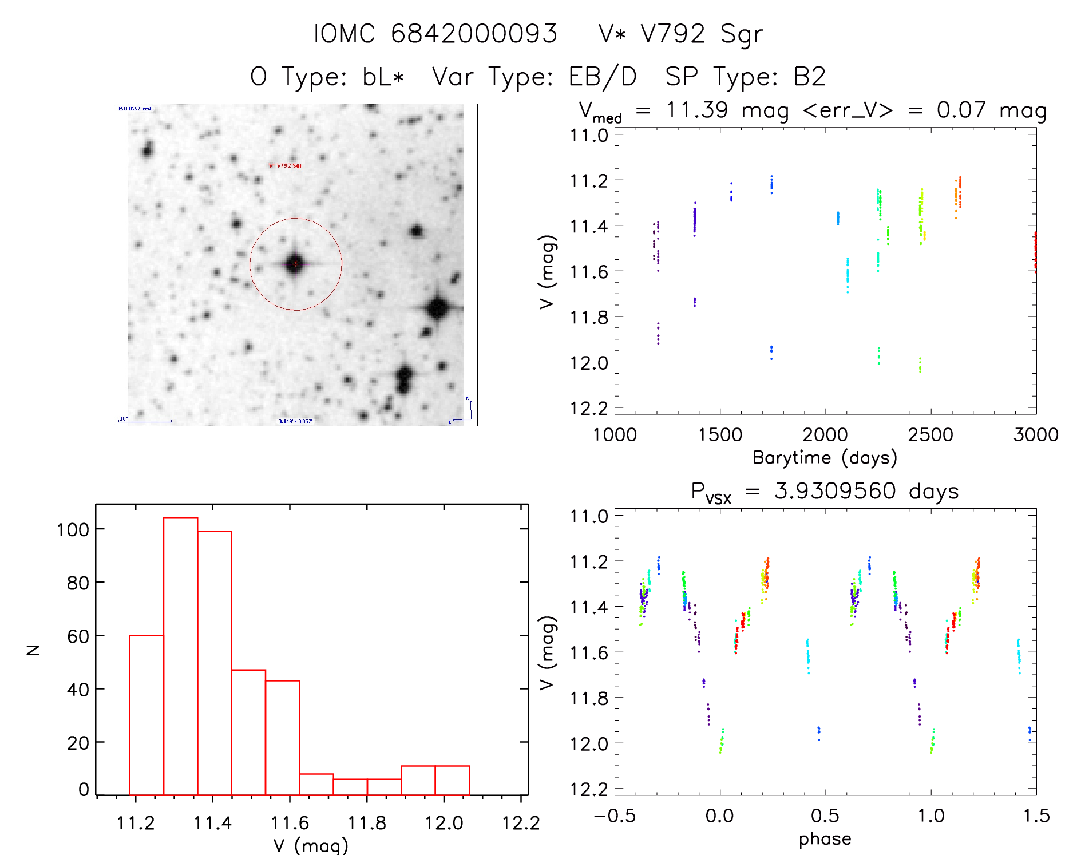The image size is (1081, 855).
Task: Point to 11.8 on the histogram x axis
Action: pos(367,823)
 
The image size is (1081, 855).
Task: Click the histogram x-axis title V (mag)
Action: pos(311,845)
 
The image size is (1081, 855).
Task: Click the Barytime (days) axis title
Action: pos(825,458)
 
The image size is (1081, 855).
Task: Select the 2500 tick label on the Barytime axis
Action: pos(930,435)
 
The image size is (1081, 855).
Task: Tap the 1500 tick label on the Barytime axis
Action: pos(720,435)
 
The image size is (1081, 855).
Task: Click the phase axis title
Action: pos(825,839)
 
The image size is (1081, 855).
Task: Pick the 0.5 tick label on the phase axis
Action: pos(825,816)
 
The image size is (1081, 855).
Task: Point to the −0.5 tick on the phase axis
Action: pos(614,816)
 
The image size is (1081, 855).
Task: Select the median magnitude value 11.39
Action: pos(696,110)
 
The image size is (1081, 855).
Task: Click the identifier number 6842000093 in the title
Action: pos(474,34)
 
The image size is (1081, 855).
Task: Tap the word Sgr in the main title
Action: pos(741,34)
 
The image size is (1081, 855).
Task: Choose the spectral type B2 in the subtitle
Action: pos(809,77)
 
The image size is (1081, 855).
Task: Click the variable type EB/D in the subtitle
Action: pos(603,77)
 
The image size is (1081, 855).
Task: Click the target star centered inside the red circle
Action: pos(295,264)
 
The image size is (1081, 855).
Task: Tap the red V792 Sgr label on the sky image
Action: pos(286,165)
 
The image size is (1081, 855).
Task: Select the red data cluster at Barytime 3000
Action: pos(1035,252)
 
